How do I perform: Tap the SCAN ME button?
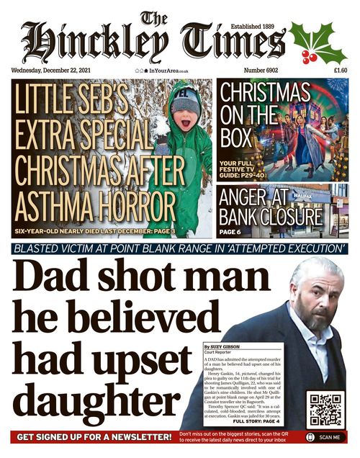click(x=325, y=437)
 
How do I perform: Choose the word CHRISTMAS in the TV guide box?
click(x=265, y=94)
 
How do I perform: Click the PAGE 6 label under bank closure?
click(x=230, y=233)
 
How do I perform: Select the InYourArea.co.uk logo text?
click(x=164, y=71)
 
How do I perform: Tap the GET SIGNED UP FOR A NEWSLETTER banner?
click(x=94, y=437)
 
